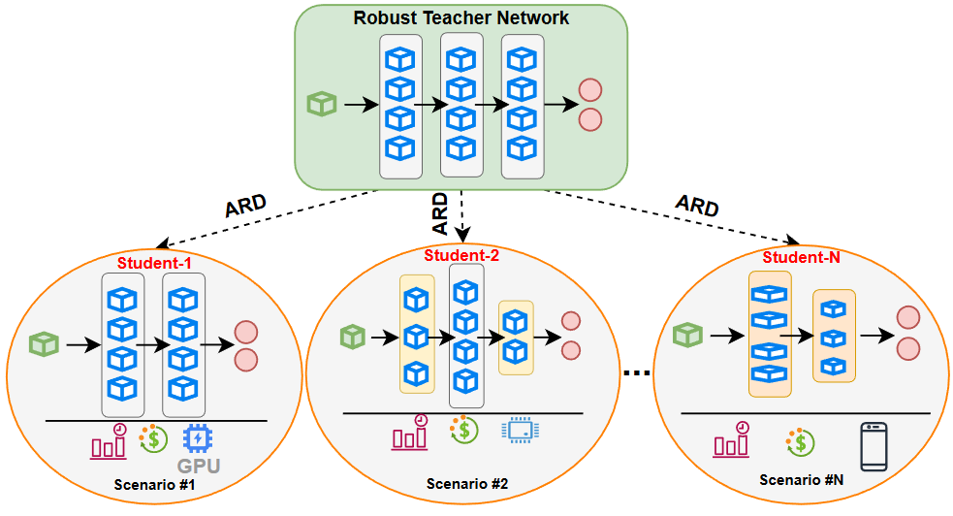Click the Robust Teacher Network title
pos(461,16)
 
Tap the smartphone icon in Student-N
pos(874,445)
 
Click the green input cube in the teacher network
pos(320,103)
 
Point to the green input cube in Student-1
pos(44,342)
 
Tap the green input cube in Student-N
pos(687,334)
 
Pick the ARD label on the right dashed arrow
pos(696,207)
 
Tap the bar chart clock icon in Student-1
pos(109,441)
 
